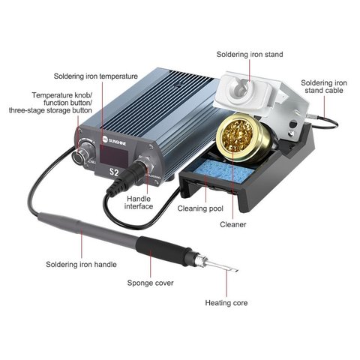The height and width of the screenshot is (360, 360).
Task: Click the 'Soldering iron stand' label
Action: [x=250, y=54]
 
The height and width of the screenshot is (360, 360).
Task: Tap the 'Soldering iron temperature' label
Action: [x=96, y=76]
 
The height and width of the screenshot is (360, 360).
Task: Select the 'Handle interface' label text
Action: [x=139, y=202]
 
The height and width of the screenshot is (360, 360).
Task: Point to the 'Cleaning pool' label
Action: [x=200, y=208]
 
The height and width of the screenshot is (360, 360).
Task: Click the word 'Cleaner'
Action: [x=233, y=224]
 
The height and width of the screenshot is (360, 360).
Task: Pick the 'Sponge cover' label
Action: [x=150, y=283]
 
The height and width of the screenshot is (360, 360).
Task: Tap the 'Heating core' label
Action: [x=226, y=303]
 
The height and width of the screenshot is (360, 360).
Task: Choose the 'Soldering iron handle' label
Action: [x=81, y=264]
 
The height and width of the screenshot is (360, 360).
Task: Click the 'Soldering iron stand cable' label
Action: [x=324, y=86]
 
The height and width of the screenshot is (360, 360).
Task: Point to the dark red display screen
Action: [x=114, y=156]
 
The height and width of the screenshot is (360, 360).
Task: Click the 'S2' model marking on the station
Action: [x=114, y=172]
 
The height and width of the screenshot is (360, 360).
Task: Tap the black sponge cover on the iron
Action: [x=163, y=250]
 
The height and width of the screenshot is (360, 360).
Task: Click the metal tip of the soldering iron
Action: [x=223, y=265]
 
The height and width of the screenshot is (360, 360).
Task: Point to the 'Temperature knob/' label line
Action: [x=62, y=95]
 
